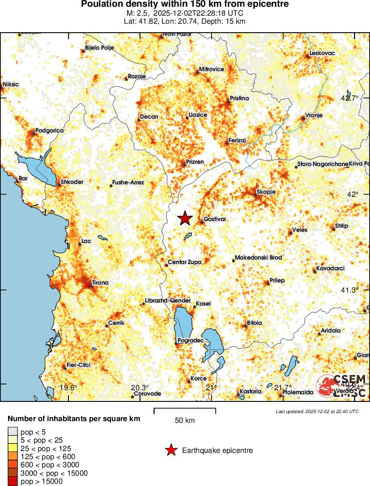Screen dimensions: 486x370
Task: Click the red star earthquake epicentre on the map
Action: pyautogui.click(x=185, y=218)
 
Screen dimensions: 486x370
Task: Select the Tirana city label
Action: pyautogui.click(x=100, y=283)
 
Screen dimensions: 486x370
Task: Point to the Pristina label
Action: pyautogui.click(x=239, y=98)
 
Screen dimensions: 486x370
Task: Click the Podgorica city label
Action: pyautogui.click(x=49, y=130)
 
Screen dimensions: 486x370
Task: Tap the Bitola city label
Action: pyautogui.click(x=254, y=323)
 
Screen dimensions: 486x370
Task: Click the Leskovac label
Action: pyautogui.click(x=322, y=53)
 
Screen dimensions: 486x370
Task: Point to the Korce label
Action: pyautogui.click(x=198, y=379)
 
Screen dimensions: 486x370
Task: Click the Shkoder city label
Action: pyautogui.click(x=72, y=182)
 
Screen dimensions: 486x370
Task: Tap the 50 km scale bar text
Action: pyautogui.click(x=185, y=420)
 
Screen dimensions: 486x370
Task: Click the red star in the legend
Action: pyautogui.click(x=170, y=450)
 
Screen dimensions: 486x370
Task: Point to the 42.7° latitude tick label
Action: pyautogui.click(x=350, y=98)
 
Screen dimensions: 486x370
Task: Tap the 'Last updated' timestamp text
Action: pyautogui.click(x=317, y=411)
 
